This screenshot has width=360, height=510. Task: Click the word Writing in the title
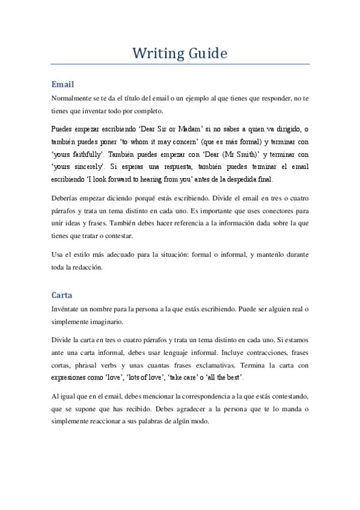pos(158,53)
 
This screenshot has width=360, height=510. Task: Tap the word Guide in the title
pos(206,53)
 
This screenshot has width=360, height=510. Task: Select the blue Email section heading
pos(63,85)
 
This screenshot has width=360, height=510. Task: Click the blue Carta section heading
pos(63,296)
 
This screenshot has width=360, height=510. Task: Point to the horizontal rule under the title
pos(180,64)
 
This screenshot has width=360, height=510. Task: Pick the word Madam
pos(230,129)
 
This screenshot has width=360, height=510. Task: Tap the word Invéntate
pos(68,309)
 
